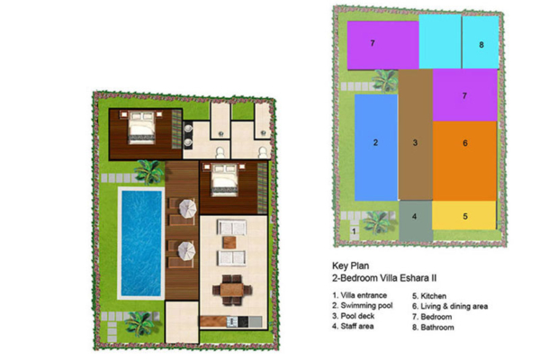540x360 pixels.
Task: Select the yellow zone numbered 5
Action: point(464,216)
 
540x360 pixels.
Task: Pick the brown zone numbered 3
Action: point(415,142)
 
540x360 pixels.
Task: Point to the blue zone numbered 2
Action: point(375,142)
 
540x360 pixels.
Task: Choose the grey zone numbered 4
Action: point(415,217)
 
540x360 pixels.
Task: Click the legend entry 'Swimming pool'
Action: point(362,307)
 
